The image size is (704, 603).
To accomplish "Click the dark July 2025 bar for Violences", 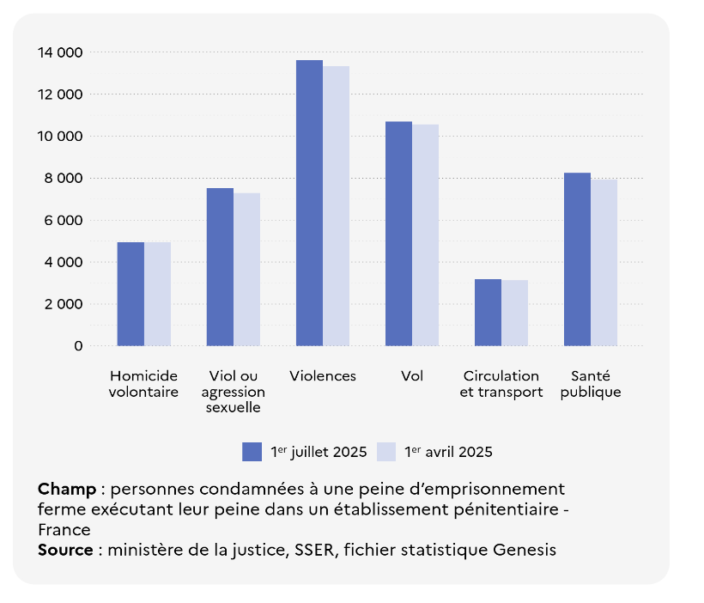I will (309, 203).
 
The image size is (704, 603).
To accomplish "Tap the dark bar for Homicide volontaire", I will (130, 294).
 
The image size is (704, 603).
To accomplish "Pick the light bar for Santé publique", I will (604, 262).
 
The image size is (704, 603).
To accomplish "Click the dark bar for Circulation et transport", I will (488, 312).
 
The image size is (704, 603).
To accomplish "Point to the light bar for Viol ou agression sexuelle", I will (246, 269).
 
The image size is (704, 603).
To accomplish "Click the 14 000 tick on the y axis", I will (60, 52).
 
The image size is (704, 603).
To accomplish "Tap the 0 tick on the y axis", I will (78, 346).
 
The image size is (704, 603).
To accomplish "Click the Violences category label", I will (323, 376).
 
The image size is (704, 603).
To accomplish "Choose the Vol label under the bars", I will (412, 376).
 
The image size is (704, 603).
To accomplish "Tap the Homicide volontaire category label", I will (143, 384).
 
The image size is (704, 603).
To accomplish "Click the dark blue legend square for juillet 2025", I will (252, 452).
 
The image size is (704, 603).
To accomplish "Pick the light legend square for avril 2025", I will (386, 452).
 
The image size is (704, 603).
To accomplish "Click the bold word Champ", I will (67, 490).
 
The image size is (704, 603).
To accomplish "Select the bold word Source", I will (65, 550).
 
